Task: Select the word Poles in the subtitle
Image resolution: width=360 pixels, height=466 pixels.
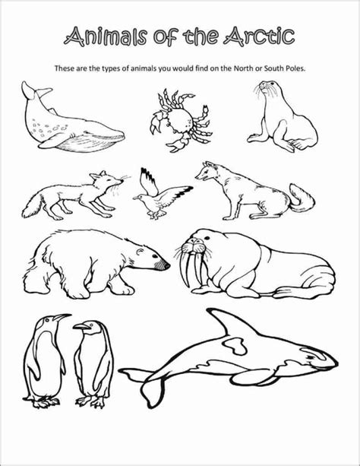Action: (x=292, y=68)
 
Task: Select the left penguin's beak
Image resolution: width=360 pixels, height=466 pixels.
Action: (x=64, y=318)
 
